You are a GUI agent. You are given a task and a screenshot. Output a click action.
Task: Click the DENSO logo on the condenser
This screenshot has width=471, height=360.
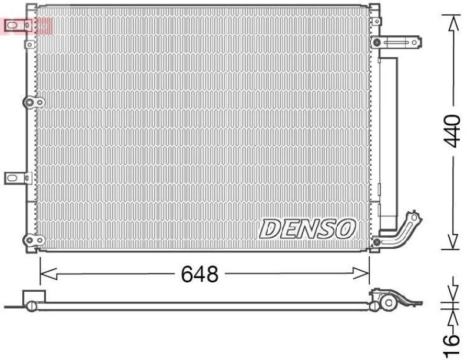[x=307, y=228]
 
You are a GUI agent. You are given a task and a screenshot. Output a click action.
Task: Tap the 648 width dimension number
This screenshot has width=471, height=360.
[x=199, y=274]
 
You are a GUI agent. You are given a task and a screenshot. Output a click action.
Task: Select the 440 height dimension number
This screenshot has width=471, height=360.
[x=452, y=131]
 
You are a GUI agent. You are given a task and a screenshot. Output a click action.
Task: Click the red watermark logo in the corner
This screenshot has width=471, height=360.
[x=27, y=25]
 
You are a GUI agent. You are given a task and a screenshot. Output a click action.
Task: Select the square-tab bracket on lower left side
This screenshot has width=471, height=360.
[x=16, y=178]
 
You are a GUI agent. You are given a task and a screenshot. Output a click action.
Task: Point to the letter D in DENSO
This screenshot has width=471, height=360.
[x=270, y=228]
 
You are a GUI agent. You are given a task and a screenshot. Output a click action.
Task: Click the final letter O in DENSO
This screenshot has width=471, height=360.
[x=346, y=228]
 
